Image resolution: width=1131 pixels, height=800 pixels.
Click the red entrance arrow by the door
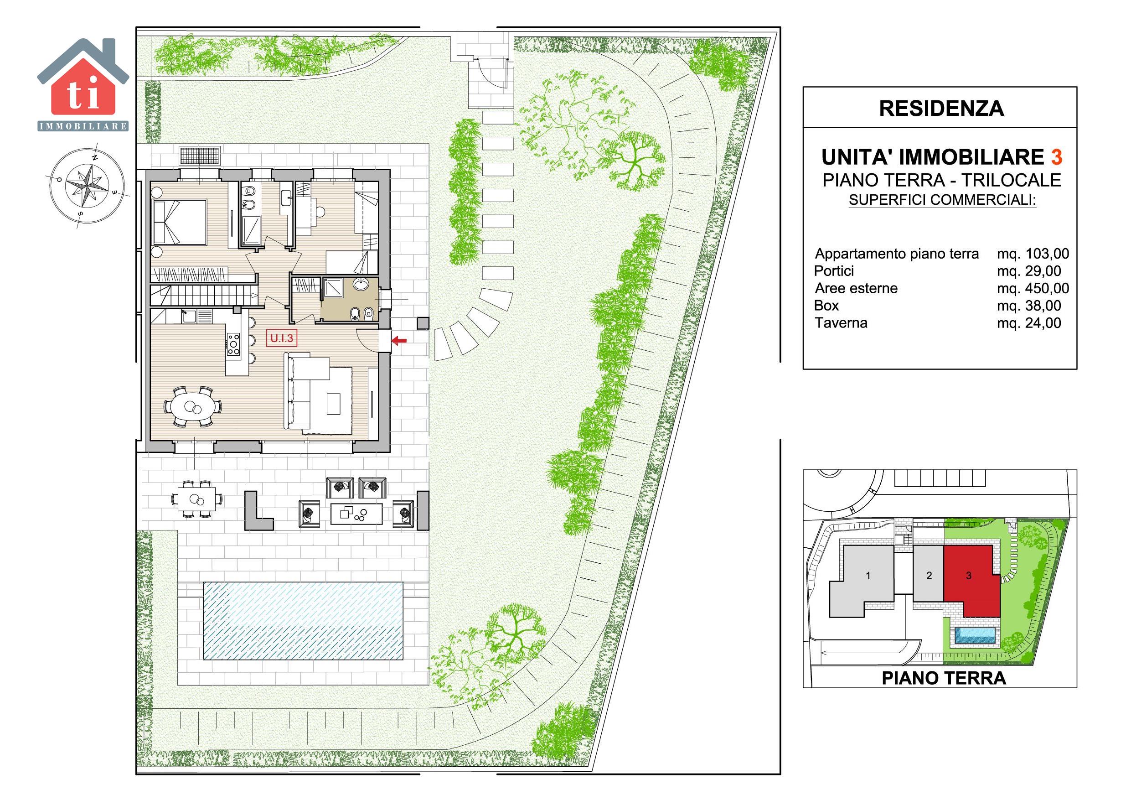[399, 340]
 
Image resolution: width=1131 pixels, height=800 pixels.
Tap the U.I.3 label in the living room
[282, 338]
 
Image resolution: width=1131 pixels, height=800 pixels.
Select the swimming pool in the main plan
[303, 621]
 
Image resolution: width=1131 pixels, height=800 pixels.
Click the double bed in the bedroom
[180, 222]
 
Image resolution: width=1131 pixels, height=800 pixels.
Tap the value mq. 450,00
[1033, 288]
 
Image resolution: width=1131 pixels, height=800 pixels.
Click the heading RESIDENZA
[941, 109]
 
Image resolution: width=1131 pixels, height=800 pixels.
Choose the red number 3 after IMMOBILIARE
[1057, 157]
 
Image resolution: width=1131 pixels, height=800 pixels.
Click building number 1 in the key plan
[868, 575]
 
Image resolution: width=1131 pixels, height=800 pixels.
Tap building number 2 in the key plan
[929, 575]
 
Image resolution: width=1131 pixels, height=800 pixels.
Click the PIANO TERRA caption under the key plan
[943, 678]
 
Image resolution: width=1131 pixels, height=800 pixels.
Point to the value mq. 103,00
[1033, 254]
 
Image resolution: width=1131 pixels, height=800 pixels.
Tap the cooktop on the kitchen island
[233, 344]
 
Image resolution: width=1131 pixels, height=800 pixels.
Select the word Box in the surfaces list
[826, 306]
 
